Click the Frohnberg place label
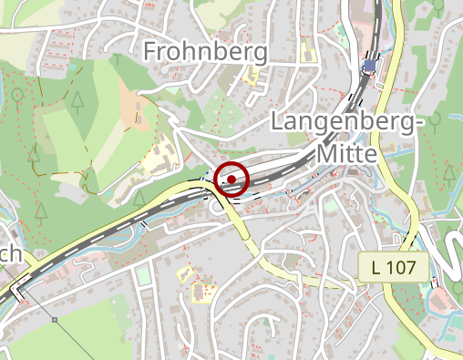(205, 50)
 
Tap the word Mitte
(346, 154)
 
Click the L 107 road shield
(399, 267)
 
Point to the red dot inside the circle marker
(233, 179)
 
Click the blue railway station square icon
(369, 67)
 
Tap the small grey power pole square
(55, 320)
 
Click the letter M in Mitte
(325, 154)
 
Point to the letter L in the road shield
(377, 267)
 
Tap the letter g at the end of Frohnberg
(259, 53)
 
